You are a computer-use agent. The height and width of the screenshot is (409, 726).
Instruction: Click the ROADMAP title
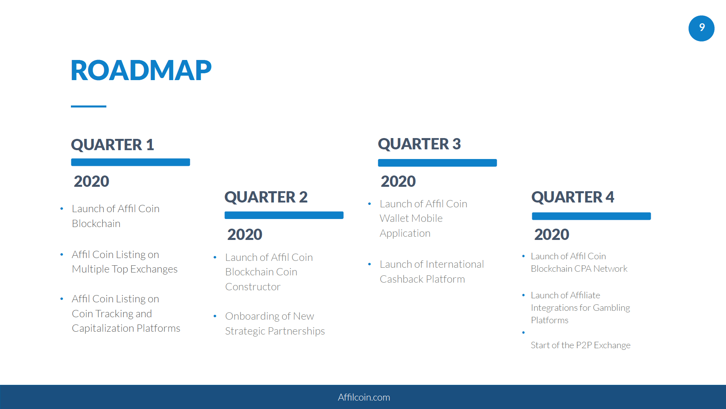141,70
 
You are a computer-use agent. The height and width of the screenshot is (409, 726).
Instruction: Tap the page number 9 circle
701,28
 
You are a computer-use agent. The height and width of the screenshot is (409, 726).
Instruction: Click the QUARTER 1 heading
112,145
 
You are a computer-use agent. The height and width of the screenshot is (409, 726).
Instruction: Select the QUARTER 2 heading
266,197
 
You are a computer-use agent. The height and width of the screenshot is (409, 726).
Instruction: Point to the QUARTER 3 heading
419,144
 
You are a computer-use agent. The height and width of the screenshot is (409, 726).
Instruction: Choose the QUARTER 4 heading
573,197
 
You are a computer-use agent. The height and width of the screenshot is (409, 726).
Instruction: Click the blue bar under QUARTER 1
131,162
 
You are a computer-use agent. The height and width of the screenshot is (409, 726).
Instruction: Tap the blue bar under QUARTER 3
438,163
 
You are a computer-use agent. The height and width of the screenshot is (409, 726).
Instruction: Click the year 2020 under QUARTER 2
245,234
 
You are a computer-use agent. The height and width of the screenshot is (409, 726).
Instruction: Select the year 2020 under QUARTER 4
552,234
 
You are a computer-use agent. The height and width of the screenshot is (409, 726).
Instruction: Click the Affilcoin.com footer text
364,397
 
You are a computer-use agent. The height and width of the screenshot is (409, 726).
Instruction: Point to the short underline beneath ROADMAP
89,106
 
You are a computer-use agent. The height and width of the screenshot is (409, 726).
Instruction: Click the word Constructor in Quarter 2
253,287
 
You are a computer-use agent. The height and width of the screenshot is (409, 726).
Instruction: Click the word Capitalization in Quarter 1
103,328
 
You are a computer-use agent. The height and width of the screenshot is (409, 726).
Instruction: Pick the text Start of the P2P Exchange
581,345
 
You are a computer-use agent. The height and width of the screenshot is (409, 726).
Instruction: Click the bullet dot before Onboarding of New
215,316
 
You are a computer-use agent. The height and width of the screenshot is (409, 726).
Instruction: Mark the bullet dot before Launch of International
369,264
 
